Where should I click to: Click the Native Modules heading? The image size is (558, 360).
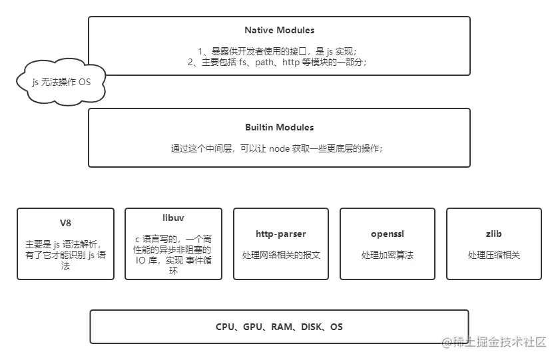coord(279,30)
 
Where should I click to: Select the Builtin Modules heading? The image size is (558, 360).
coord(279,127)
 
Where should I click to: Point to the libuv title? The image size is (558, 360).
coord(172,218)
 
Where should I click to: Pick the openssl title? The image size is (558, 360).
coord(387,234)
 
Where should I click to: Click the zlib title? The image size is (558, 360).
coord(493,234)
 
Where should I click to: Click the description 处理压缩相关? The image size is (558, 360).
coord(493,255)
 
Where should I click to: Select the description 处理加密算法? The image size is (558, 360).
coord(387,255)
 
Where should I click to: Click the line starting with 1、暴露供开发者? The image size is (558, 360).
coord(279,51)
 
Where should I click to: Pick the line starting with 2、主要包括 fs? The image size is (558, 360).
coord(279,62)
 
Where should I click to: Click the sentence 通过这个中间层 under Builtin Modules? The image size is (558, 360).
coord(279,149)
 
